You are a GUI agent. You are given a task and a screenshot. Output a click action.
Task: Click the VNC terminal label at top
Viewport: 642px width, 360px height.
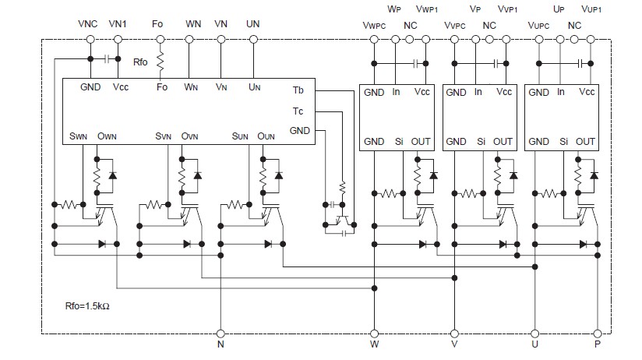[90, 24]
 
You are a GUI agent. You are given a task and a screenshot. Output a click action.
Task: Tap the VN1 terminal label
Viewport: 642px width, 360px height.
[118, 24]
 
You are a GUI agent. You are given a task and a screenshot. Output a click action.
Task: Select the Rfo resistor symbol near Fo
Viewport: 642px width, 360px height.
[162, 60]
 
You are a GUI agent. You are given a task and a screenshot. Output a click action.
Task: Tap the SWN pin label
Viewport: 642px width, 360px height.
[78, 136]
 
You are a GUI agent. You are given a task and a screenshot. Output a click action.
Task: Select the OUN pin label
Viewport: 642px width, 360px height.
[266, 136]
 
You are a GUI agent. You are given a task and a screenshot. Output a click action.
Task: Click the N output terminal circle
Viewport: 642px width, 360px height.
[220, 333]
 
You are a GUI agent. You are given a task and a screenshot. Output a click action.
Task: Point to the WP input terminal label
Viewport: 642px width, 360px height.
[394, 10]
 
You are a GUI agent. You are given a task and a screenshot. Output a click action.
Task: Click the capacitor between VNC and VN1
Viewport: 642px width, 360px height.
[104, 58]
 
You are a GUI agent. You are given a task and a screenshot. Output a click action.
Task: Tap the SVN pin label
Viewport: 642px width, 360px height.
[163, 136]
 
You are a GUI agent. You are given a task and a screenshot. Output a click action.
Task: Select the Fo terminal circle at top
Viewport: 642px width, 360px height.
[162, 38]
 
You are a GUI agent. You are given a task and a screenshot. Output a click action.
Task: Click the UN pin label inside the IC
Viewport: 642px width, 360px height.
[254, 87]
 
